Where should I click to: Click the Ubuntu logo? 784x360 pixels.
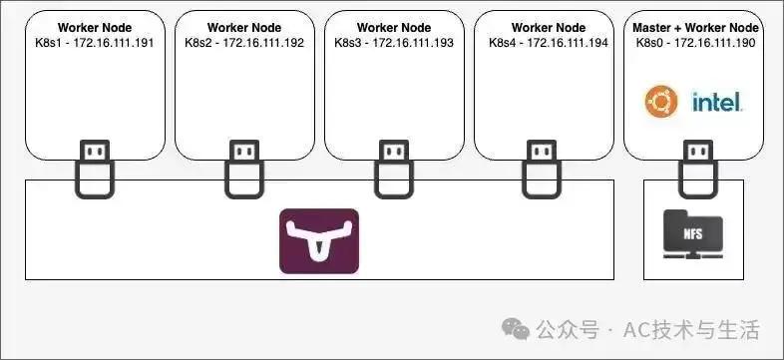point(661,102)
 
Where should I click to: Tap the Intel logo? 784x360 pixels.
point(717,102)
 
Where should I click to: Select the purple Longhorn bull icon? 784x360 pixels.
point(319,241)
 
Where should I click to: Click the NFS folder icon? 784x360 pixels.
point(693,234)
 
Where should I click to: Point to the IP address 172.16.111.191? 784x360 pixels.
point(114,43)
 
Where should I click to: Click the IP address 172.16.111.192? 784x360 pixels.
point(263,43)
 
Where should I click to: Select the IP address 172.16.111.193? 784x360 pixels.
point(413,43)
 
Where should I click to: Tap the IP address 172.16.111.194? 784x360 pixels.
point(568,43)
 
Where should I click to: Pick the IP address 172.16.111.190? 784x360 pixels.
point(714,43)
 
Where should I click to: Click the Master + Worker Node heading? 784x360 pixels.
point(695,28)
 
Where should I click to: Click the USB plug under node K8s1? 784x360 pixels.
point(95,169)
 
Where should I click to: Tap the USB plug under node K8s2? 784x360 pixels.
point(244,169)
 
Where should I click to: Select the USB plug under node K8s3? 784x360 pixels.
point(394,169)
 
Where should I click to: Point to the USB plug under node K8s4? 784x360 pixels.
point(542,169)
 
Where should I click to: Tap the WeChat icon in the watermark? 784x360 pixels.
point(516,329)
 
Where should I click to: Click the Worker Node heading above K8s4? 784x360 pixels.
point(549,28)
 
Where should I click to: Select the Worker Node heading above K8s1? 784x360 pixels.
point(95,28)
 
